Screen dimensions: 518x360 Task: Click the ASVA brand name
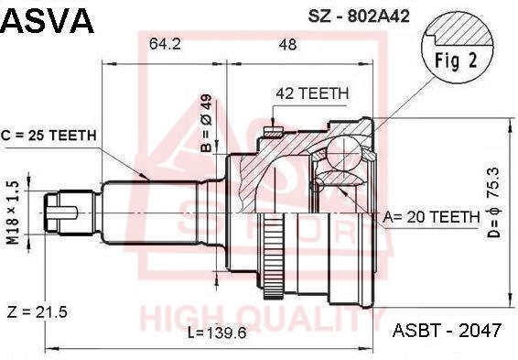(47, 21)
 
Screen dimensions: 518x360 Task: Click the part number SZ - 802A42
(359, 16)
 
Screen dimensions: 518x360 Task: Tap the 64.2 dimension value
(165, 43)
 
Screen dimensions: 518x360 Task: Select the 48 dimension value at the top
(287, 44)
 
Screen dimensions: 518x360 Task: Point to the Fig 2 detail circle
(458, 49)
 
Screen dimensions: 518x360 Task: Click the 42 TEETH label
(312, 93)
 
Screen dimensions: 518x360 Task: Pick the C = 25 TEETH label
(49, 136)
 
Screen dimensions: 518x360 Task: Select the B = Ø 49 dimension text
(206, 123)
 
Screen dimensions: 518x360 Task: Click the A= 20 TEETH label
(431, 217)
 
